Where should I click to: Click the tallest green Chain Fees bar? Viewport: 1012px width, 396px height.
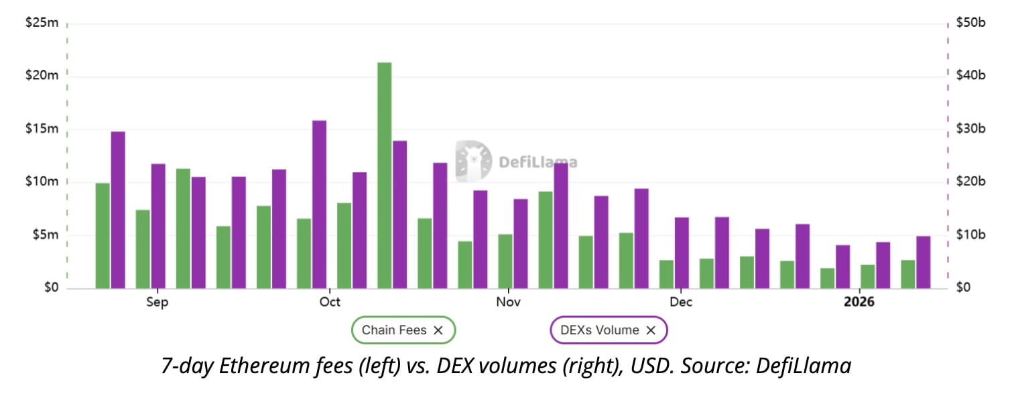384,175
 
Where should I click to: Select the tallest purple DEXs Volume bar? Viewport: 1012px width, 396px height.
319,204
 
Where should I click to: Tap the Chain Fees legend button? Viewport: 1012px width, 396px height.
403,330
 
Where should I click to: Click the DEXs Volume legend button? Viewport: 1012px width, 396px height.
609,330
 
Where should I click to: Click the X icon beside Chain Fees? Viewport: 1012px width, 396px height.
438,330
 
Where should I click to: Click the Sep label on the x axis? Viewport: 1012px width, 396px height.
157,303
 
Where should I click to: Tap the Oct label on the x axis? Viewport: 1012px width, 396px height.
330,303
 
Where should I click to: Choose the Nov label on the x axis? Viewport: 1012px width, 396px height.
509,303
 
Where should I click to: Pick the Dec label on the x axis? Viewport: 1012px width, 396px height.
681,303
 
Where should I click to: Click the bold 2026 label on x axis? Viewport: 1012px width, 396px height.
859,303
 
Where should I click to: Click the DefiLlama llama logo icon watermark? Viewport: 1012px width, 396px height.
473,161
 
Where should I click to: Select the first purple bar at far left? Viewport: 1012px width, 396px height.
118,209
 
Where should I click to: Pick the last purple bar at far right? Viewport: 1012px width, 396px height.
924,262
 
